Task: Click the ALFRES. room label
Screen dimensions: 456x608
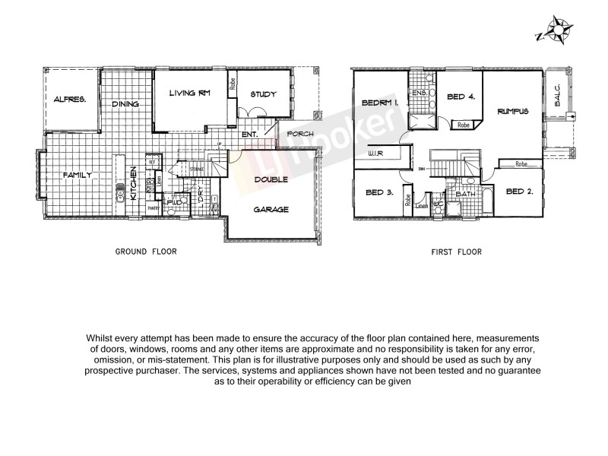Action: coord(70,100)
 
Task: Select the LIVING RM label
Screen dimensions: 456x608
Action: coord(188,93)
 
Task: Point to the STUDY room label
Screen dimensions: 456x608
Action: coord(262,95)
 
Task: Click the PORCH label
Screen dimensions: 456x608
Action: coord(299,135)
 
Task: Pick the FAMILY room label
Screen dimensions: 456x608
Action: coord(78,175)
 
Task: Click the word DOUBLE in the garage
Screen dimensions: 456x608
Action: coord(271,180)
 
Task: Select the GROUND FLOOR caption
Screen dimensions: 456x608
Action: coord(145,252)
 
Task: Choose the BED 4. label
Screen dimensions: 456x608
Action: coord(461,97)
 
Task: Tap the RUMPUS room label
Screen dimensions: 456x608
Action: coord(513,112)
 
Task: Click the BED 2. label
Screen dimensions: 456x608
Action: coord(519,192)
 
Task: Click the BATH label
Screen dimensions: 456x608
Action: coord(464,195)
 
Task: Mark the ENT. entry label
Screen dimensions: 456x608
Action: coord(250,135)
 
